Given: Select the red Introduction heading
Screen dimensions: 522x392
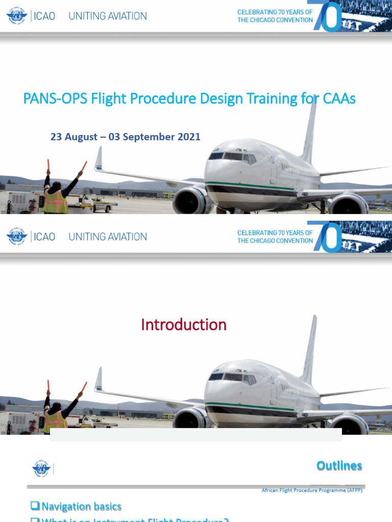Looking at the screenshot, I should [x=183, y=325].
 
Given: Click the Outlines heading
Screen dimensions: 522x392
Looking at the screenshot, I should [x=339, y=465].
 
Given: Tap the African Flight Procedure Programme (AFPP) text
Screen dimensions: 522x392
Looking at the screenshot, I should [x=312, y=490].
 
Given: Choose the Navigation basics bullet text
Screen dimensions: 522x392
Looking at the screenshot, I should [x=81, y=506].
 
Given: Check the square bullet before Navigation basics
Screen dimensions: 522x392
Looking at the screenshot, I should [x=35, y=506].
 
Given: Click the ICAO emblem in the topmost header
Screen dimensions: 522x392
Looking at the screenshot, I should [x=16, y=16].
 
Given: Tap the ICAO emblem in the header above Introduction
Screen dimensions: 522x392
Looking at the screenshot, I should [x=16, y=237].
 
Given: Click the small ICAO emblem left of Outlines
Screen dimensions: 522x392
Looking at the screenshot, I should [x=41, y=468].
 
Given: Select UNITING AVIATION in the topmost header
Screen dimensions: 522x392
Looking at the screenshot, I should [x=108, y=16].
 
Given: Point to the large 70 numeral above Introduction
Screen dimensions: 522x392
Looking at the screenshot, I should [x=327, y=237].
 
